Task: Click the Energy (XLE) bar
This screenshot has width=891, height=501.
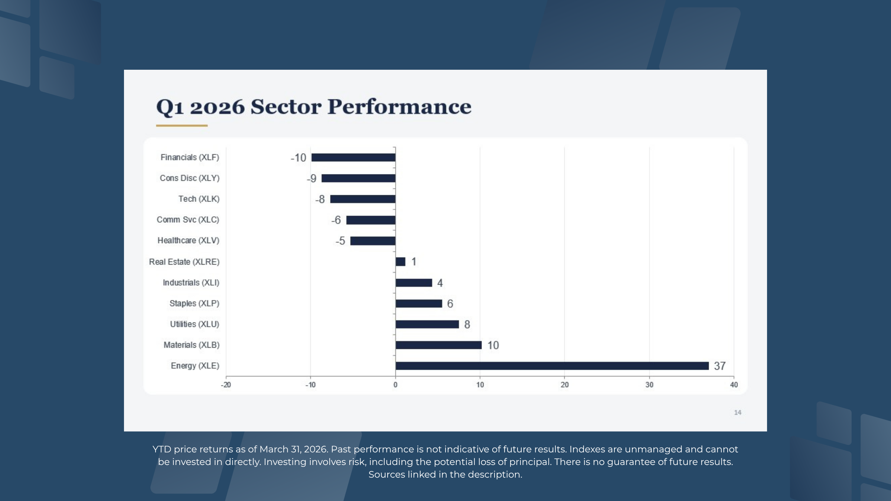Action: [552, 366]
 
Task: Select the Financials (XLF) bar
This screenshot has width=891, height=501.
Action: [353, 158]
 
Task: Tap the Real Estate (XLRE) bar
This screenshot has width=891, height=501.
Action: [401, 262]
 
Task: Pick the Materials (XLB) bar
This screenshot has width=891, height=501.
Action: [438, 345]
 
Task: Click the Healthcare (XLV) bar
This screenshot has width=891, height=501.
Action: [373, 241]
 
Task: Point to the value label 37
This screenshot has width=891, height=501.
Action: [720, 366]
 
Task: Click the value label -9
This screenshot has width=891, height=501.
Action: [312, 179]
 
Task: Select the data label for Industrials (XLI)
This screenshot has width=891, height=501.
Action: [440, 283]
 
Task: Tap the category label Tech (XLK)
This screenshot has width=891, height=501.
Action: [199, 199]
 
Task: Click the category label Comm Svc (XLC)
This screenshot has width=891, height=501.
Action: [188, 220]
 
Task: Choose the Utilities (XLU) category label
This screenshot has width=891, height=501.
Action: [195, 324]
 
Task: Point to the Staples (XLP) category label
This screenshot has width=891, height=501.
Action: [194, 303]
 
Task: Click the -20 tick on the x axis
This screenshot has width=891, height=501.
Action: [226, 385]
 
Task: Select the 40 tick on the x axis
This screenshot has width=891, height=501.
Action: [734, 385]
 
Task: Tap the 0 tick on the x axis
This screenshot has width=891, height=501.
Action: [395, 385]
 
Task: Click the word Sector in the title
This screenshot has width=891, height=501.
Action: [286, 107]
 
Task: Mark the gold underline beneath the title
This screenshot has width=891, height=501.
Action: [182, 126]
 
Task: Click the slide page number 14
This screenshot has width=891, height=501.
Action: [738, 412]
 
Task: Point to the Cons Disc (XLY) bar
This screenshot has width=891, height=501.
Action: [358, 179]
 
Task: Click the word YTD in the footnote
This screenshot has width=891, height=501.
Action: [162, 449]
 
